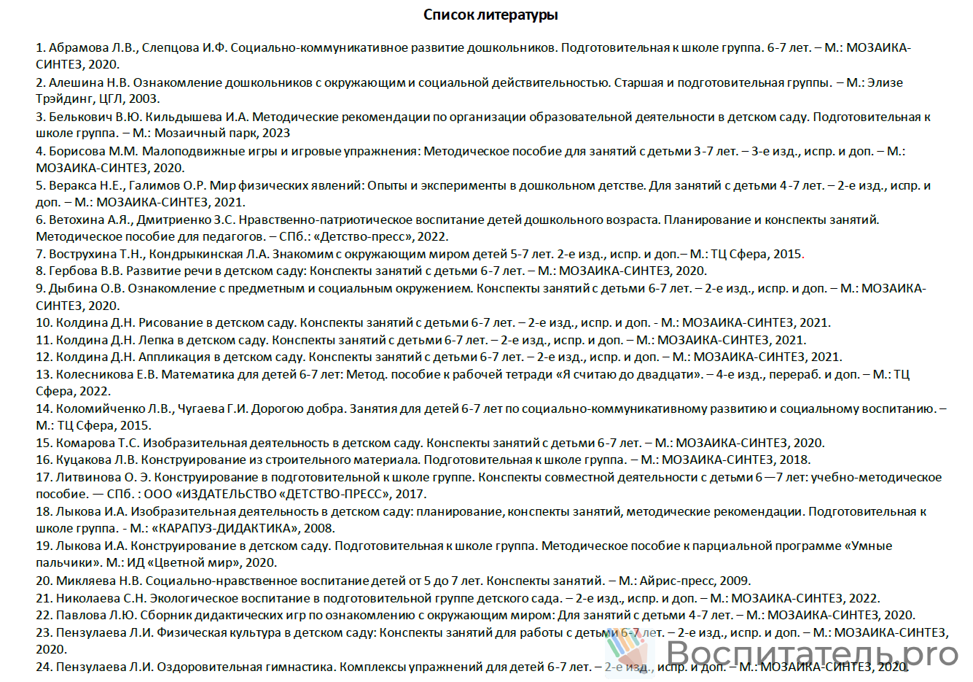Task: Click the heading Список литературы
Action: (x=491, y=15)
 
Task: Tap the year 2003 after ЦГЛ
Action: (x=144, y=99)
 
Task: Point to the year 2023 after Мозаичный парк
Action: (x=276, y=133)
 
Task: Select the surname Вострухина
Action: (x=82, y=255)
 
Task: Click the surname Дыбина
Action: (x=72, y=289)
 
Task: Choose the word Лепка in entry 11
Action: (x=155, y=340)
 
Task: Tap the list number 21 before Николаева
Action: (x=43, y=599)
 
